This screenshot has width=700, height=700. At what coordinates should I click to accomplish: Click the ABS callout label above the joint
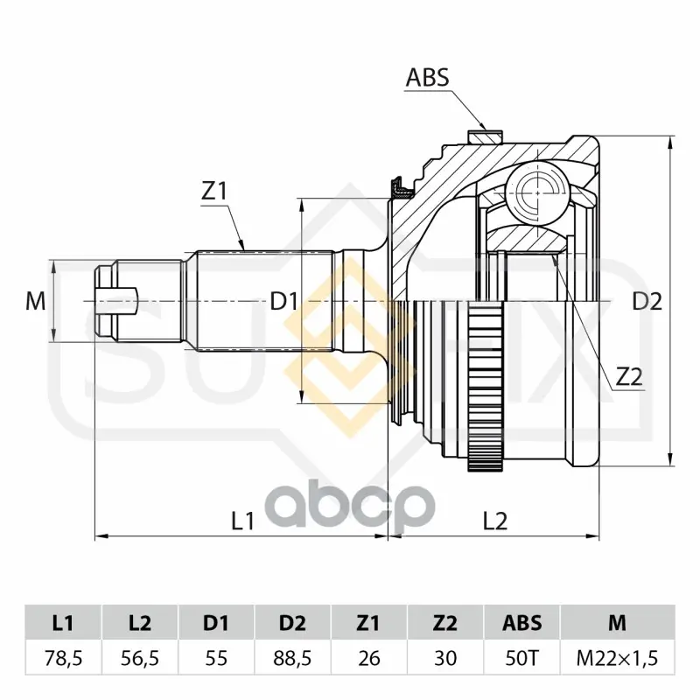[x=427, y=77]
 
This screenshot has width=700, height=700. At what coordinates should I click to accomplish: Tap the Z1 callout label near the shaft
[x=214, y=192]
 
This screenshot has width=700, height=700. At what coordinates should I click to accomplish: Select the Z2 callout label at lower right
[x=629, y=377]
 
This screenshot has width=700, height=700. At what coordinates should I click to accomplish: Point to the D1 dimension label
[x=283, y=302]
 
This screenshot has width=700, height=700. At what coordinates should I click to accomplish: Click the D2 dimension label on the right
[x=647, y=302]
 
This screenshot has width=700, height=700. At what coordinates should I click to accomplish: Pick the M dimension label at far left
[x=36, y=301]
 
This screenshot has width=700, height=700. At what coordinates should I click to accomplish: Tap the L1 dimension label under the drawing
[x=243, y=521]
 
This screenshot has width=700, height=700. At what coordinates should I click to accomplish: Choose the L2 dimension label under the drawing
[x=495, y=521]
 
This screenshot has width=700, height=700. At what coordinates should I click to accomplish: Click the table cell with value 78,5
[x=63, y=659]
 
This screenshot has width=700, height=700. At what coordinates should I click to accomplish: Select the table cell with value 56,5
[x=140, y=659]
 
